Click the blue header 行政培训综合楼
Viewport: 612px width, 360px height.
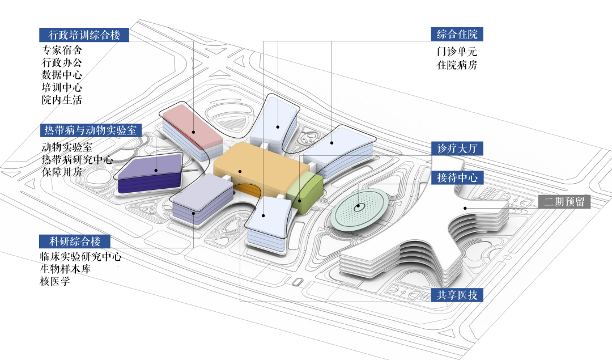[x=84, y=35]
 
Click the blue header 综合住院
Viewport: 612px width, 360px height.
[x=457, y=34]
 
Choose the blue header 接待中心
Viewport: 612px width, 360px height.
[x=457, y=177]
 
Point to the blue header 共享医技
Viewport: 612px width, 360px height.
[x=457, y=295]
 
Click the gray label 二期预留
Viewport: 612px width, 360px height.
[x=564, y=202]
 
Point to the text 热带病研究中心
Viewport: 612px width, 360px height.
[x=77, y=159]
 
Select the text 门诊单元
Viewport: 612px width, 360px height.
[x=457, y=52]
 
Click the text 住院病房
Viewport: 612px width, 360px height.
[x=457, y=65]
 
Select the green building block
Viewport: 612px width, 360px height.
[x=306, y=193]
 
